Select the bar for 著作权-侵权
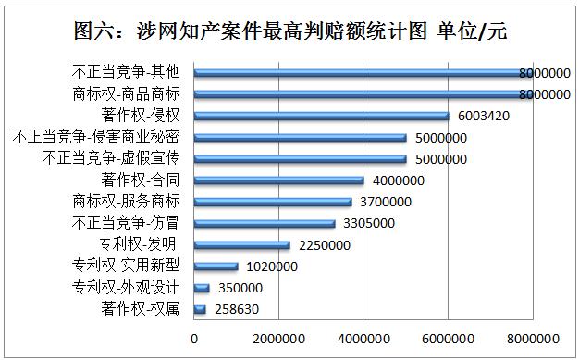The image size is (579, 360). [322, 116]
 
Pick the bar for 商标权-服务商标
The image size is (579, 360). [273, 201]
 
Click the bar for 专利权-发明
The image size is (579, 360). [242, 244]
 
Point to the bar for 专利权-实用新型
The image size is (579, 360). [216, 266]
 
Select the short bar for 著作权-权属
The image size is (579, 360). [200, 309]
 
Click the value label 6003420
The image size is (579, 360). [483, 117]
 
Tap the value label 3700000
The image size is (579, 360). [387, 202]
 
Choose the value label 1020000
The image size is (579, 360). [269, 267]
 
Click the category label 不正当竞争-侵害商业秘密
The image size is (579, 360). [104, 137]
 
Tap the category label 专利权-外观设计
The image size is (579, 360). [125, 287]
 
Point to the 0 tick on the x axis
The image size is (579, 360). [194, 338]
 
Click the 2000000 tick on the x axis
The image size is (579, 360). [279, 338]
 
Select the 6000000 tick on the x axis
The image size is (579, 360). [449, 338]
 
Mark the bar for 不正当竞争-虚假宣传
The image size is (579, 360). [301, 158]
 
